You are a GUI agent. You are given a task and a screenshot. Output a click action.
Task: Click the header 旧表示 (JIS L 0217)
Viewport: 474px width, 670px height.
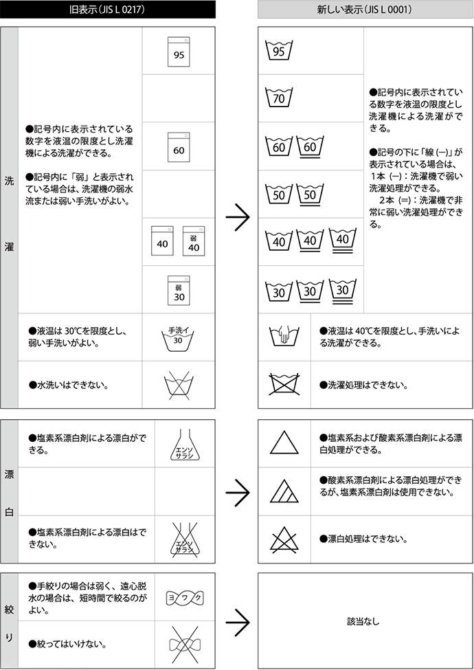109,10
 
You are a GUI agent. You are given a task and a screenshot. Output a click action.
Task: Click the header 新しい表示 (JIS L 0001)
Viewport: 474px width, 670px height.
365,10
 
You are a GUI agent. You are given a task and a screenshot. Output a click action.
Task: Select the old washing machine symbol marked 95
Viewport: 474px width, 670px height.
179,51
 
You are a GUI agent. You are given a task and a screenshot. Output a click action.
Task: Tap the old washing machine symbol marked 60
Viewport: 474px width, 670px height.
179,146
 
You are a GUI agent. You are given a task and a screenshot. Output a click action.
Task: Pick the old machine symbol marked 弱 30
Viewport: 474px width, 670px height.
179,290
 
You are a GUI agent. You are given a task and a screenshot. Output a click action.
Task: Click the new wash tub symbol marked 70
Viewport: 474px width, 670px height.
279,98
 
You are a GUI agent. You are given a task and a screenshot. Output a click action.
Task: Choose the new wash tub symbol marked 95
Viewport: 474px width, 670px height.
279,51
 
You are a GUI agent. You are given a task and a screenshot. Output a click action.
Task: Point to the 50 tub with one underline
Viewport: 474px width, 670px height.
311,194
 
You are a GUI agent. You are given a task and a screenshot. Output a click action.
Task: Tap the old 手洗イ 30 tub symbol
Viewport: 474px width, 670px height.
178,337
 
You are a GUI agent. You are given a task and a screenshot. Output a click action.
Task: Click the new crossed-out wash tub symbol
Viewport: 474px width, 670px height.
284,384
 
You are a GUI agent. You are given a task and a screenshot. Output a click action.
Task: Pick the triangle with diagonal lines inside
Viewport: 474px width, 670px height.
284,492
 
